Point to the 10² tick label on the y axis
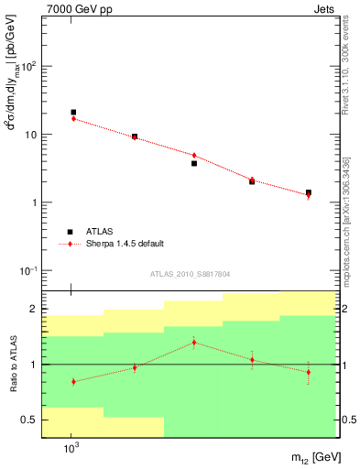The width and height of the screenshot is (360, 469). coord(27,66)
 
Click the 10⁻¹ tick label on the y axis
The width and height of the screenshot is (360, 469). coord(27,271)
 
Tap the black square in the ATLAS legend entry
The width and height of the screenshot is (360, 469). coord(70,232)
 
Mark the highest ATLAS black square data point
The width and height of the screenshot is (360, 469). coord(73,112)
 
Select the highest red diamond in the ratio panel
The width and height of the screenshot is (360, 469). coord(193,343)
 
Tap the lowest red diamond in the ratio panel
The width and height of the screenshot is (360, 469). coord(73,381)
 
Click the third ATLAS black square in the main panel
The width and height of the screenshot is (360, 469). coord(194,163)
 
